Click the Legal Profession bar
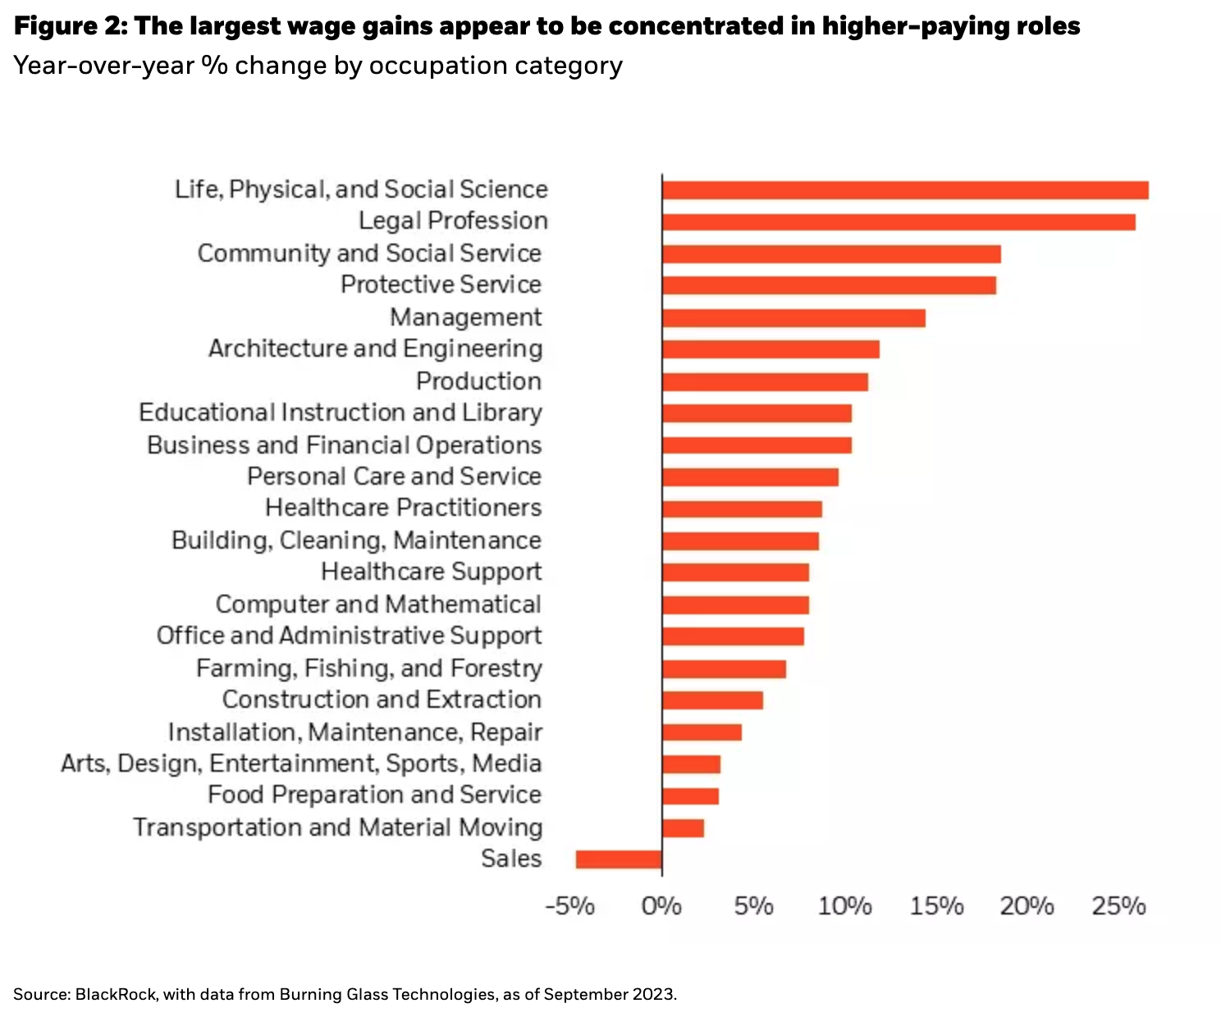pos(899,222)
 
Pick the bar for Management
pos(793,318)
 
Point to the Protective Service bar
pos(829,285)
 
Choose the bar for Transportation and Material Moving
pos(683,828)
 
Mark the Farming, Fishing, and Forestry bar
pos(724,669)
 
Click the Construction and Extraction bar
pos(712,700)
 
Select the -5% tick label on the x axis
pos(570,906)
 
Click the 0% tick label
pos(661,906)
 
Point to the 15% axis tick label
pos(936,906)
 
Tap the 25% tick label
pos(1118,906)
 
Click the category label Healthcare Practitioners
pos(403,508)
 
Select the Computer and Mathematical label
pos(378,604)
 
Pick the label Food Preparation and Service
pos(374,795)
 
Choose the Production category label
pos(478,381)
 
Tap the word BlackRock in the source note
pos(116,995)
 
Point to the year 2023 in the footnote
pos(653,995)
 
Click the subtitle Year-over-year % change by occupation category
pos(318,66)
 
